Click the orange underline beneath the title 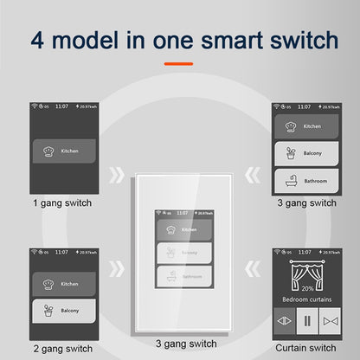[179, 64]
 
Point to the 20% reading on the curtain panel [308, 286]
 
